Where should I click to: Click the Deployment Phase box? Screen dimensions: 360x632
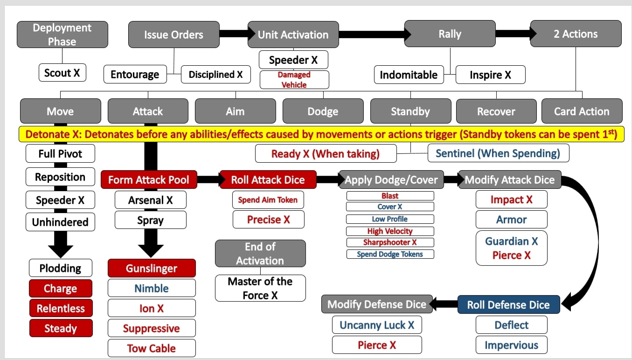(x=62, y=35)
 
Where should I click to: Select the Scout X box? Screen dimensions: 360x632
(x=62, y=73)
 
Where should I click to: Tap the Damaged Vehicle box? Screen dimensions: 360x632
(x=294, y=80)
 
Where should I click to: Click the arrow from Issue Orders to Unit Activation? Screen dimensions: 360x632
(x=234, y=34)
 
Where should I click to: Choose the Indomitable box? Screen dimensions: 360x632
(x=409, y=75)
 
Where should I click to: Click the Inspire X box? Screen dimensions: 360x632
(x=490, y=75)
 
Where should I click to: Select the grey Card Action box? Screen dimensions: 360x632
(x=582, y=111)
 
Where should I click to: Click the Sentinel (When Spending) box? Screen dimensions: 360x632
(x=498, y=153)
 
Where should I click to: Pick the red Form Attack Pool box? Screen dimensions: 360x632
(x=149, y=180)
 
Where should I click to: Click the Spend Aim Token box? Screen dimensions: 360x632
(x=268, y=200)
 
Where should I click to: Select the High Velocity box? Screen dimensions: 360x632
(x=390, y=231)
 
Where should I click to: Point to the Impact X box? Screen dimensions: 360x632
(x=511, y=200)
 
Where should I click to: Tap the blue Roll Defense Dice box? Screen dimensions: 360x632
(x=508, y=305)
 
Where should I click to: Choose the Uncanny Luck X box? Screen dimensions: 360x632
(x=377, y=325)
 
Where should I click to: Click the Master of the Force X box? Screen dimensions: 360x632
(x=260, y=288)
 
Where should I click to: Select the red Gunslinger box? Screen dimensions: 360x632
(x=152, y=269)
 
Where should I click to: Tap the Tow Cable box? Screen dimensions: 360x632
(x=152, y=348)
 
